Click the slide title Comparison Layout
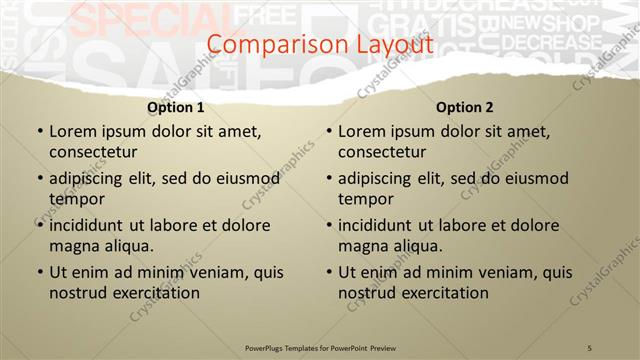click(x=320, y=45)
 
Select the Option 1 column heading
click(x=176, y=107)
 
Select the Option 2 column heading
click(x=465, y=107)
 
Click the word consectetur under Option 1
click(x=92, y=152)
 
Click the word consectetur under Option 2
click(x=381, y=152)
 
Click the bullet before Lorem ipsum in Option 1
click(x=39, y=131)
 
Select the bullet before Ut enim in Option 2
click(x=328, y=272)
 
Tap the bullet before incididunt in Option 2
click(x=328, y=225)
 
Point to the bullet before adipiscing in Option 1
click(x=39, y=179)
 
